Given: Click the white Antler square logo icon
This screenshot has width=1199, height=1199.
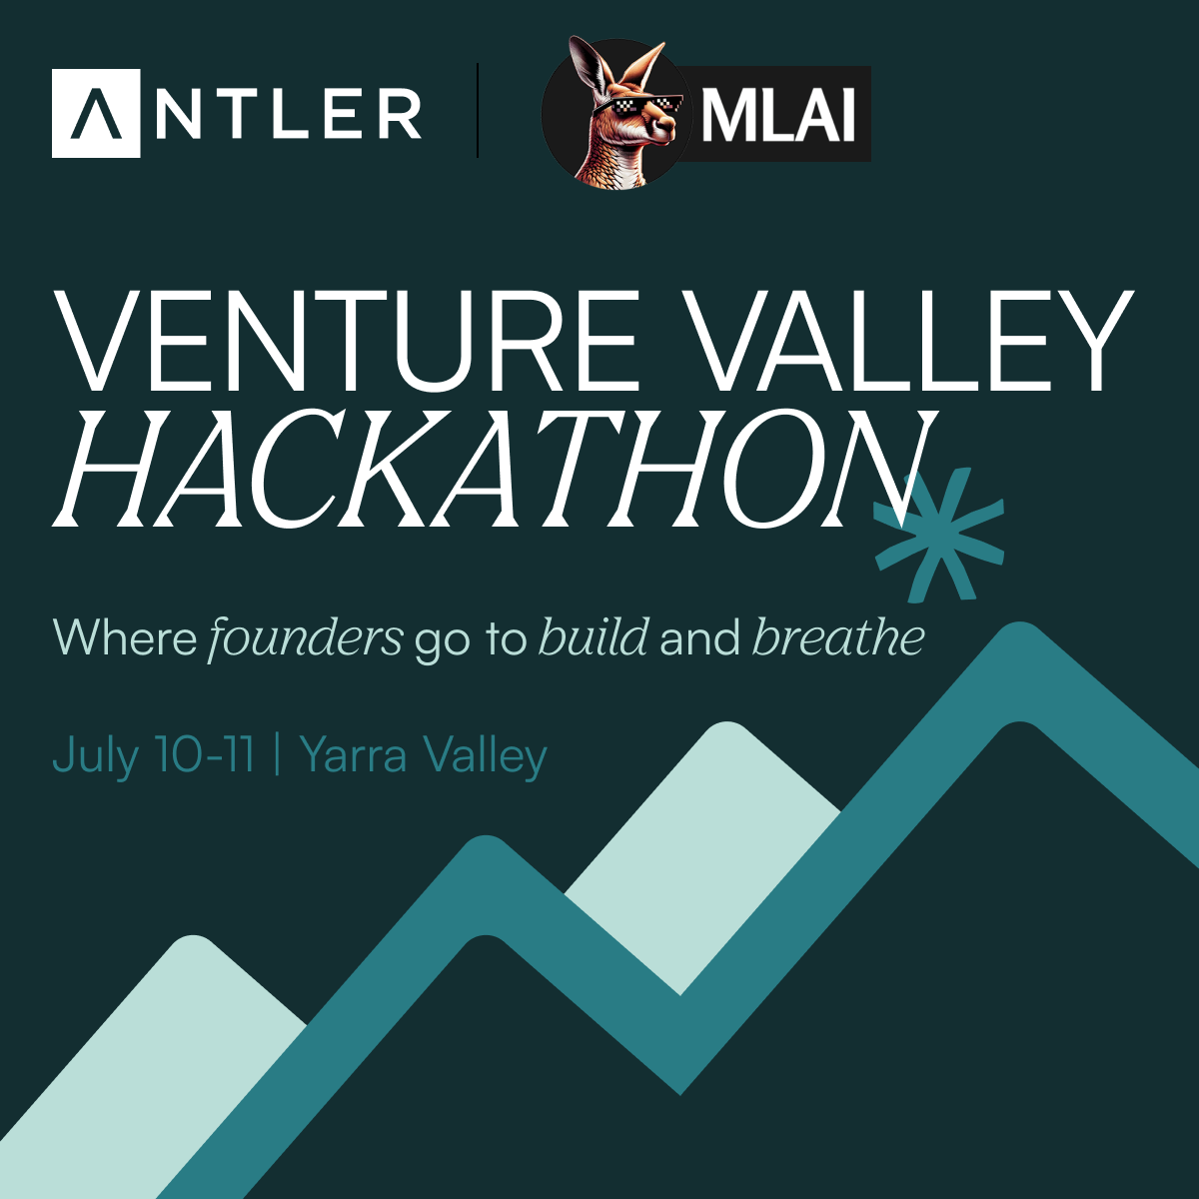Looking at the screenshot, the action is [x=96, y=113].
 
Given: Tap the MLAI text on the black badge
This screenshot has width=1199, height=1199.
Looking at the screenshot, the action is [x=777, y=115].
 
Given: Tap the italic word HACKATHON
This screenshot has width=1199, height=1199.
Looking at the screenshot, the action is [x=491, y=469].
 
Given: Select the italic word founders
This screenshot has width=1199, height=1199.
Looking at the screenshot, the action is [x=305, y=637].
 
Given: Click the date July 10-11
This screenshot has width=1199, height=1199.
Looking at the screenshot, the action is [x=153, y=754].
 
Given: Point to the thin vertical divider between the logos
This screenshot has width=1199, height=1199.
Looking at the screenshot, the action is [x=478, y=110].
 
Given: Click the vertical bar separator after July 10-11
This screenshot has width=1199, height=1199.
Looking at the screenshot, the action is [x=277, y=754].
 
